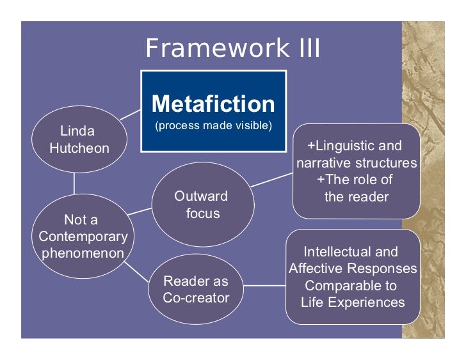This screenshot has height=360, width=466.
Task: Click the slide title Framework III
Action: point(232,49)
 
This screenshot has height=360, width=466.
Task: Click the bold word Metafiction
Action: point(213,104)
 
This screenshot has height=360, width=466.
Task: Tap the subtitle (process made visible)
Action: point(213,125)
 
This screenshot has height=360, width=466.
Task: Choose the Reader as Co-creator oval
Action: point(196,289)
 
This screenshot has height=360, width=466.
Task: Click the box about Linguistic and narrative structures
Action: point(356,171)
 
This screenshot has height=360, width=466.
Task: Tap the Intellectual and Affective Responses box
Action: point(352,276)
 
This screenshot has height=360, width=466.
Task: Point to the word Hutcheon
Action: point(79,148)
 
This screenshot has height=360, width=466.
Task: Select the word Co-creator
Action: point(196,298)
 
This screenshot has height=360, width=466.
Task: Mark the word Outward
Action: point(201,196)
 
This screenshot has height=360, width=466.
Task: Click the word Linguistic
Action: point(351,146)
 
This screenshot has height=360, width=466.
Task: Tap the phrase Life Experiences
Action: point(353,302)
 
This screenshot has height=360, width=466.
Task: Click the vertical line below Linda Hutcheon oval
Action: point(74,183)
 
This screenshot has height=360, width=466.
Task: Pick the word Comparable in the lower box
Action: point(351,285)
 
